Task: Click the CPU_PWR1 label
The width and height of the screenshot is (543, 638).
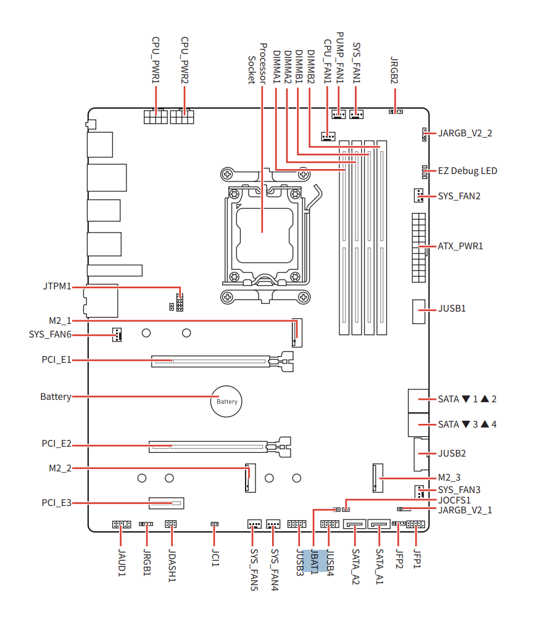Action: click(155, 60)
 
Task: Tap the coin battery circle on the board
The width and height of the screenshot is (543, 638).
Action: click(226, 402)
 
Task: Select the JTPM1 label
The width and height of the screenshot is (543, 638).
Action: click(57, 286)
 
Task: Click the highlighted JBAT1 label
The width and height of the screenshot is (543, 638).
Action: click(314, 561)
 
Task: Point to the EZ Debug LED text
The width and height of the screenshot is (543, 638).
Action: click(468, 171)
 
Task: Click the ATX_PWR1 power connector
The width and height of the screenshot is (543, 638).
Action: click(419, 247)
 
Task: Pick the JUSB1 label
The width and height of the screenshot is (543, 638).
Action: click(452, 309)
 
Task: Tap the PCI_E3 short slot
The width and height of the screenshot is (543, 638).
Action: click(167, 503)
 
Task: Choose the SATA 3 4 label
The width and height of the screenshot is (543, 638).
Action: click(467, 425)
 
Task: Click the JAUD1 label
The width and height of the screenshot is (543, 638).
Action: click(122, 562)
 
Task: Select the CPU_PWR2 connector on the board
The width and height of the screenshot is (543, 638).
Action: click(182, 117)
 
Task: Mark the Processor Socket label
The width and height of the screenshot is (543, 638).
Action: click(257, 64)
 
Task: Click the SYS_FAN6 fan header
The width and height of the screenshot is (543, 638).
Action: click(117, 334)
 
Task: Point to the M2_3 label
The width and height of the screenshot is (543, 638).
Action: click(449, 478)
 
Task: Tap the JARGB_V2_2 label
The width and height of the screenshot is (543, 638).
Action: click(465, 133)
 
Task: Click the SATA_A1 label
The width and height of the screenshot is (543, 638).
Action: click(379, 566)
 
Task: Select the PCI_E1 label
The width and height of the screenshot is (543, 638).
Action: click(57, 360)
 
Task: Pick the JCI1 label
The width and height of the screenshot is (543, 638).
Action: click(215, 558)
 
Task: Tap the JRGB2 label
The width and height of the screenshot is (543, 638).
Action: click(394, 70)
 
